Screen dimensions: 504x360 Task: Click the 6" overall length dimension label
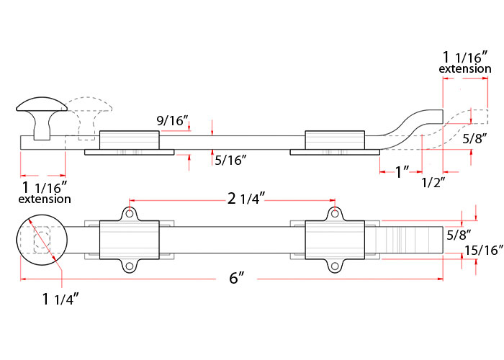coord(237,278)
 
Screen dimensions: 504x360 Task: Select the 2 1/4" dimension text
coord(246,199)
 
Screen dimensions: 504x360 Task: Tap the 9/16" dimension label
coord(172,121)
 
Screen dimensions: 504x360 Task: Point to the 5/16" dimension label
coord(230,160)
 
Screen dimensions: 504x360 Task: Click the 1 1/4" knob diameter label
coord(60,299)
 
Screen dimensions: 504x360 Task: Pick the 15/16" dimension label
coord(484,251)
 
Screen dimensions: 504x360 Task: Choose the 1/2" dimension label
coord(433,183)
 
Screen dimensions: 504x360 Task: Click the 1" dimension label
coord(402,172)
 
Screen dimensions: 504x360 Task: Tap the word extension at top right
coord(465,69)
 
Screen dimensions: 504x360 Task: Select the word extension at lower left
coord(45,199)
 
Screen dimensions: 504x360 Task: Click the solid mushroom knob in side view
coord(42,117)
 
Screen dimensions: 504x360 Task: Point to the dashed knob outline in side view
coord(89,117)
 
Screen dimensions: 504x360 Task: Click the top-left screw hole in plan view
coord(130,213)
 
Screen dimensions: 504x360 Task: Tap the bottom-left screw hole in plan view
coord(130,266)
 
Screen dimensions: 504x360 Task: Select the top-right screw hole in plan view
coord(335,213)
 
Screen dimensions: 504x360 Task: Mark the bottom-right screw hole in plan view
coord(335,266)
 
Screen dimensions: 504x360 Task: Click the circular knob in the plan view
coord(42,240)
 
